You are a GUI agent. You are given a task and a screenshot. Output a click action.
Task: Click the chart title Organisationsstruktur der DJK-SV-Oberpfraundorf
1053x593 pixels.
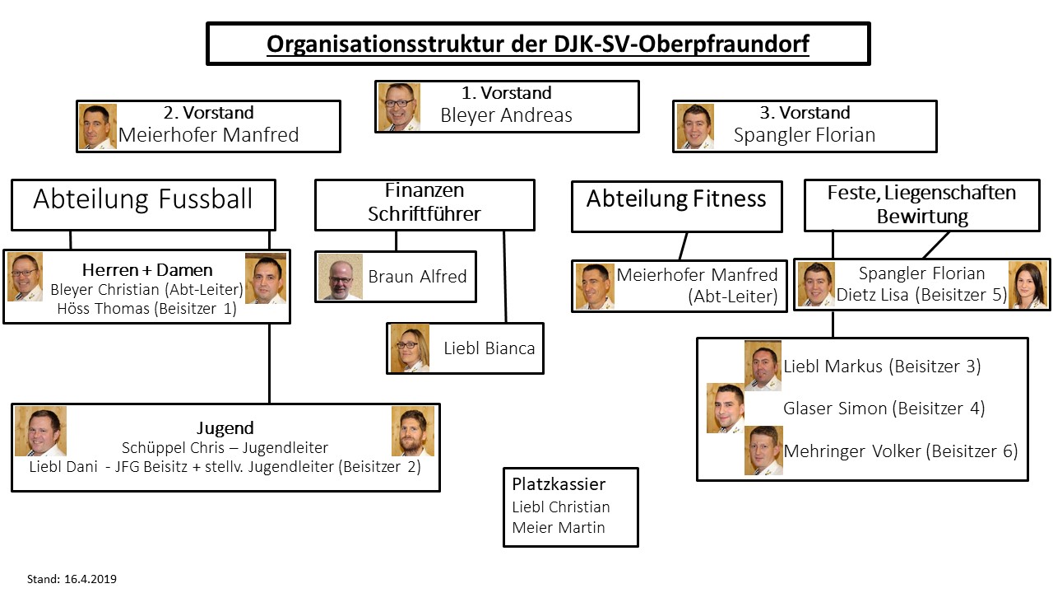tap(538, 44)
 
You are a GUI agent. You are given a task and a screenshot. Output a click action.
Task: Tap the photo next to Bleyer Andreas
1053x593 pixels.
tap(399, 106)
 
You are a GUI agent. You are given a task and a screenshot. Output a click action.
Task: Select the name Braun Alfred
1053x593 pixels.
tap(417, 277)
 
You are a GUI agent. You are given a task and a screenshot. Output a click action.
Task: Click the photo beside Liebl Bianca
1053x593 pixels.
tap(410, 348)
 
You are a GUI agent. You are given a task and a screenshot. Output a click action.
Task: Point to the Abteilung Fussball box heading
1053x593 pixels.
tap(143, 199)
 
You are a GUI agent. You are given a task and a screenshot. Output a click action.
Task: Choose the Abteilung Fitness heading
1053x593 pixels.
tap(676, 198)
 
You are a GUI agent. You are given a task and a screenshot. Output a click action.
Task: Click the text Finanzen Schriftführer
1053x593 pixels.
tap(424, 203)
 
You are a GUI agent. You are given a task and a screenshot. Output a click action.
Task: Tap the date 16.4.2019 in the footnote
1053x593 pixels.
tap(90, 579)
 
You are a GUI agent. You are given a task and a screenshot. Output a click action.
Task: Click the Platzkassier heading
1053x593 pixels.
tap(559, 483)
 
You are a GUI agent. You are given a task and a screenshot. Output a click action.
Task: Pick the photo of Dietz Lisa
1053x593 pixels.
tap(1027, 285)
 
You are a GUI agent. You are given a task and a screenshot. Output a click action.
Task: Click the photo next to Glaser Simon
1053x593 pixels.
tap(726, 408)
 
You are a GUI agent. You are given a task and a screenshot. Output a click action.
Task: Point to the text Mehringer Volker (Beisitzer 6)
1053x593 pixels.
tap(901, 451)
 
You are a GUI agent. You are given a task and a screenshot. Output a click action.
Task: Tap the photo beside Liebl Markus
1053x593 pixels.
tap(763, 365)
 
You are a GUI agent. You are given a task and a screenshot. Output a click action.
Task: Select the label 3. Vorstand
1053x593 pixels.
tap(805, 113)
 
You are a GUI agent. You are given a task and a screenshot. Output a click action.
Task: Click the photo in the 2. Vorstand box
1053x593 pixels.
tap(97, 127)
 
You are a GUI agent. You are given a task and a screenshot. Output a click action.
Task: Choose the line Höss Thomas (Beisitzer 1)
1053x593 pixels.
tap(146, 309)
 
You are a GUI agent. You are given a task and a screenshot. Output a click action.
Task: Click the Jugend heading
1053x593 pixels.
tap(225, 428)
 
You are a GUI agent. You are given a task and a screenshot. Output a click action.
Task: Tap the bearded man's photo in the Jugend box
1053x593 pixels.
tap(412, 431)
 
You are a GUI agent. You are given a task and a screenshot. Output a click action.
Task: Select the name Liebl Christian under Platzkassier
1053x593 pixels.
tap(561, 507)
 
